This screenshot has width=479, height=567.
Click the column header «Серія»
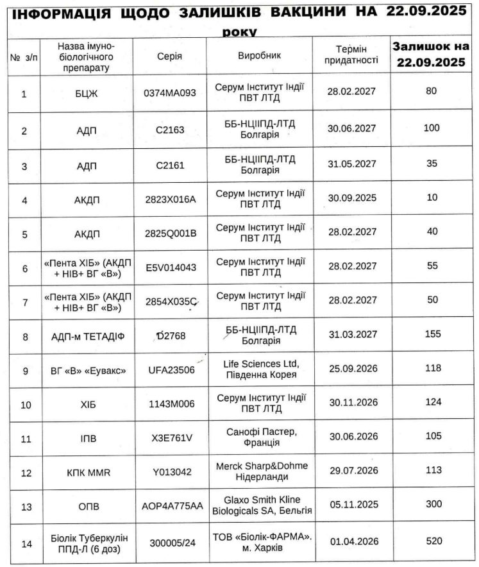point(169,55)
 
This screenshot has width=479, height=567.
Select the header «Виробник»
point(259,55)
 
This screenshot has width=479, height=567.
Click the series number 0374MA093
point(170,92)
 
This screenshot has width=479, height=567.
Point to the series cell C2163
point(170,129)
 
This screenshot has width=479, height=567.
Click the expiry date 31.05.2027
point(351,165)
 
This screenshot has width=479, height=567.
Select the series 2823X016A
point(170,199)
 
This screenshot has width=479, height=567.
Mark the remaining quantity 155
point(432,334)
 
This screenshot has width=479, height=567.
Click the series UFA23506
point(170,370)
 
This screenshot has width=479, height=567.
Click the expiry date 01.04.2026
point(351,541)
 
